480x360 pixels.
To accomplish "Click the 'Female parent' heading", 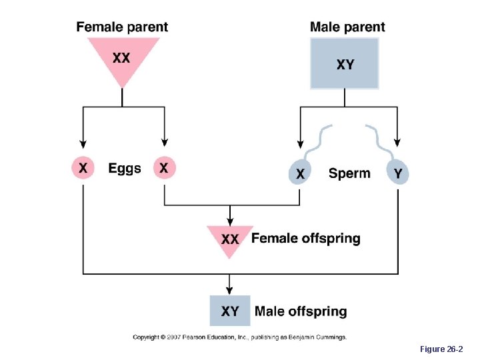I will pyautogui.click(x=122, y=27).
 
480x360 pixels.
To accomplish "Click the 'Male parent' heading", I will pyautogui.click(x=347, y=27).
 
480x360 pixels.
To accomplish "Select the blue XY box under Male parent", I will pyautogui.click(x=345, y=64).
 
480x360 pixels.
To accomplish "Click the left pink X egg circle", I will pyautogui.click(x=83, y=168).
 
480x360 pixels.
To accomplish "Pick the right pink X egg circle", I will pyautogui.click(x=164, y=168).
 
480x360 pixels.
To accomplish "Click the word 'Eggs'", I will pyautogui.click(x=125, y=169).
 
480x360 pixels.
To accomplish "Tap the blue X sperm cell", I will pyautogui.click(x=300, y=173).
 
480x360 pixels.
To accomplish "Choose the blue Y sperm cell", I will pyautogui.click(x=398, y=173).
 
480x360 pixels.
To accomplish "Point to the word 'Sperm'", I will pyautogui.click(x=349, y=173).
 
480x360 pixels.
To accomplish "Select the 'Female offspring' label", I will pyautogui.click(x=306, y=238).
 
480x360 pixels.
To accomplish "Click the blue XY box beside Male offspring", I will pyautogui.click(x=230, y=311).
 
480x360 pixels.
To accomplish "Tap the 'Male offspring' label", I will pyautogui.click(x=301, y=311).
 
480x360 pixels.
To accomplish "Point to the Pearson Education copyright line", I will pyautogui.click(x=239, y=337).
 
